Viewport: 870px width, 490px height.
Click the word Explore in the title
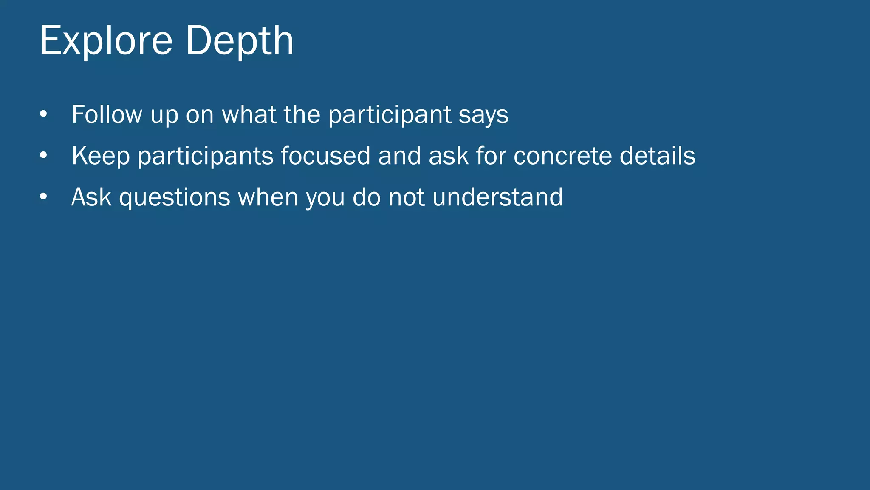(x=106, y=41)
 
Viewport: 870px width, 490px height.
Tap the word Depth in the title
(x=240, y=41)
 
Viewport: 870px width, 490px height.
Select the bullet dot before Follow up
(x=43, y=114)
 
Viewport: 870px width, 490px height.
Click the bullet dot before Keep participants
(x=43, y=156)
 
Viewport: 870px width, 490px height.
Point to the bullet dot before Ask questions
(x=43, y=197)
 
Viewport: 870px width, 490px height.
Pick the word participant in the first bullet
(x=390, y=115)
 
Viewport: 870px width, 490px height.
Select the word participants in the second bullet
(x=206, y=156)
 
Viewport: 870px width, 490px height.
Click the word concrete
(x=562, y=156)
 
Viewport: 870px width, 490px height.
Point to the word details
(x=657, y=156)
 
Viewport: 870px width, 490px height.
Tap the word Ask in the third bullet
(x=91, y=197)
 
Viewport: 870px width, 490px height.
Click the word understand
(x=497, y=197)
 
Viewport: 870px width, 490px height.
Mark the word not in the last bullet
(x=407, y=197)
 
